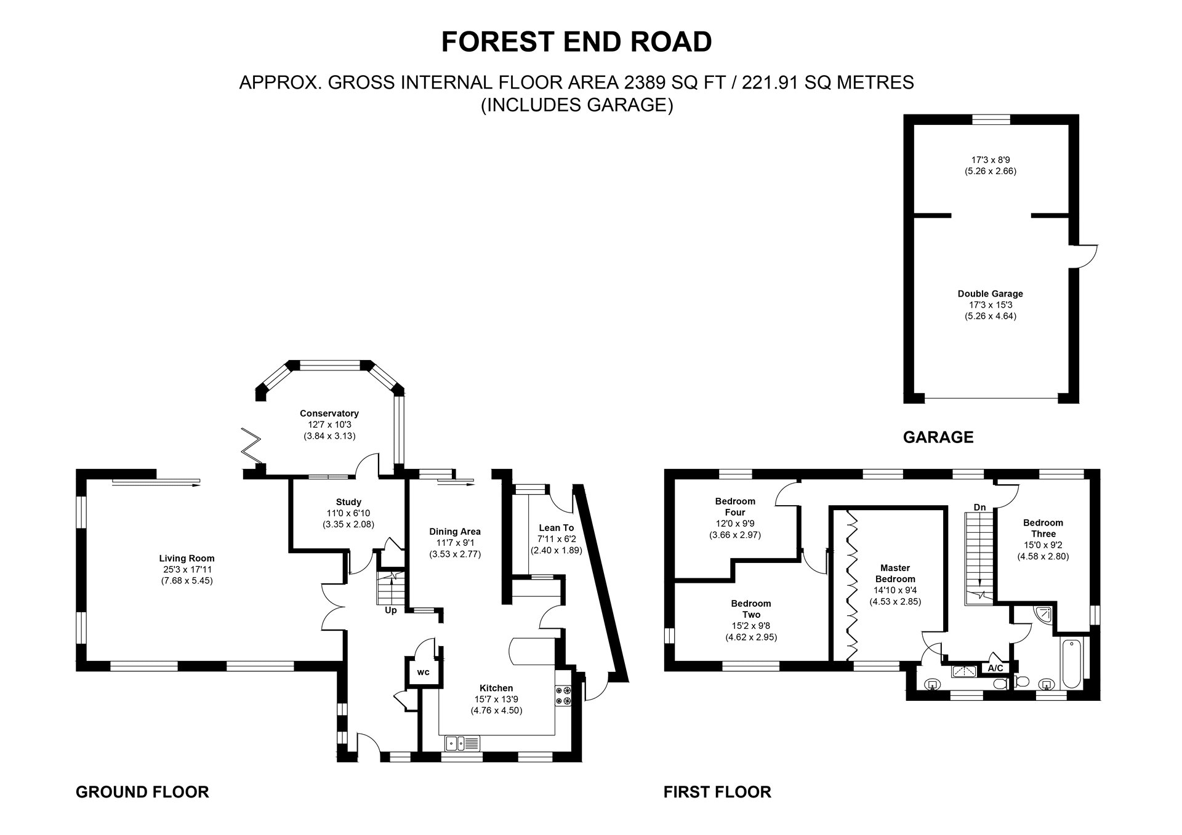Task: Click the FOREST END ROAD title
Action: [577, 42]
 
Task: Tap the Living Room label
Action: [187, 558]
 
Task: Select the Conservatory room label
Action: [329, 414]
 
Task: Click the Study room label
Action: [348, 502]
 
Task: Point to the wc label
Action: [423, 672]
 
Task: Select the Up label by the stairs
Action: [391, 610]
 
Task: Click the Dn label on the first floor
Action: [979, 508]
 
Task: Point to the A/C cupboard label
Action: [995, 668]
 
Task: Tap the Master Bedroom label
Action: [895, 573]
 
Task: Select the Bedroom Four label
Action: [735, 506]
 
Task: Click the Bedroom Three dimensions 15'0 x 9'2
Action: [1043, 545]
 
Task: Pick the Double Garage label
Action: [990, 294]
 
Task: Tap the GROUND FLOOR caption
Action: [142, 791]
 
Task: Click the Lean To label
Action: [556, 528]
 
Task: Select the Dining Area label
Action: [455, 532]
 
